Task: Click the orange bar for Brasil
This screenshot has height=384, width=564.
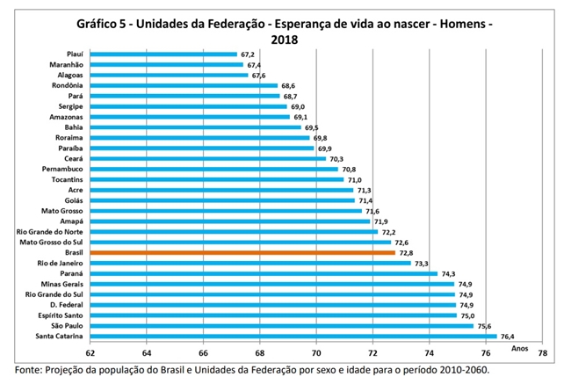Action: (242, 252)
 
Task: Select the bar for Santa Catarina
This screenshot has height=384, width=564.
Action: (293, 336)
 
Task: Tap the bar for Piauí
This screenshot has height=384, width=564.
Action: (163, 54)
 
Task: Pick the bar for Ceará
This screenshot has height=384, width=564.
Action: (207, 158)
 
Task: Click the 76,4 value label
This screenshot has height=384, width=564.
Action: (510, 336)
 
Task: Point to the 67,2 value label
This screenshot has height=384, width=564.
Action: (250, 54)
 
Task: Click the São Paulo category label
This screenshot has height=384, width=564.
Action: (67, 325)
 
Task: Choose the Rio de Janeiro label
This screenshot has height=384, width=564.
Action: (61, 263)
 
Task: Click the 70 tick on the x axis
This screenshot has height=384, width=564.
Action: (316, 353)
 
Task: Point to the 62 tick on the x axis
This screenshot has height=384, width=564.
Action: (90, 353)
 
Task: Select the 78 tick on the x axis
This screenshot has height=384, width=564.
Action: (542, 353)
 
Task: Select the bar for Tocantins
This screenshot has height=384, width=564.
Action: (217, 179)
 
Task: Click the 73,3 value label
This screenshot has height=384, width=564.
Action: (423, 263)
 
